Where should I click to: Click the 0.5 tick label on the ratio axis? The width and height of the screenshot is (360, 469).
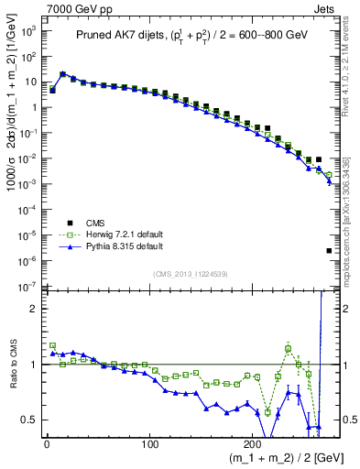(29, 420)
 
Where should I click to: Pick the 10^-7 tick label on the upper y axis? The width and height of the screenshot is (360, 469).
(28, 287)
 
